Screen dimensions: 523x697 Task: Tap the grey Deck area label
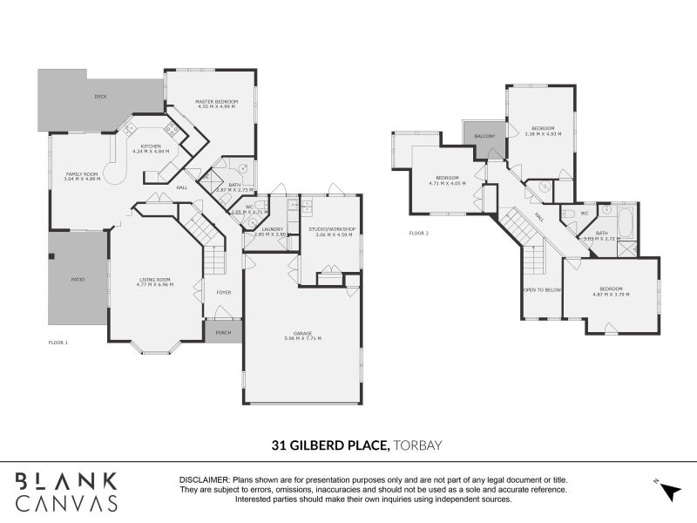100,97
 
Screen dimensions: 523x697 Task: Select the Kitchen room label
151,146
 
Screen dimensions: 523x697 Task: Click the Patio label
78,279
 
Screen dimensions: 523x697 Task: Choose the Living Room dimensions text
155,285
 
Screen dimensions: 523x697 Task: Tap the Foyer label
224,292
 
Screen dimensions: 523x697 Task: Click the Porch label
224,332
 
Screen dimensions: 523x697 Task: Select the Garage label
303,333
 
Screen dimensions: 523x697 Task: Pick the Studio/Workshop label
331,229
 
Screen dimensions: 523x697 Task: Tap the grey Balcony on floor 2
484,137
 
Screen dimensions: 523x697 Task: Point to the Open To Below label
542,289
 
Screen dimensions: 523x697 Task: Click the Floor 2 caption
419,233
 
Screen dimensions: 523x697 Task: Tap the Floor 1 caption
58,343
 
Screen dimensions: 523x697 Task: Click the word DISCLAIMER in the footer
204,480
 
